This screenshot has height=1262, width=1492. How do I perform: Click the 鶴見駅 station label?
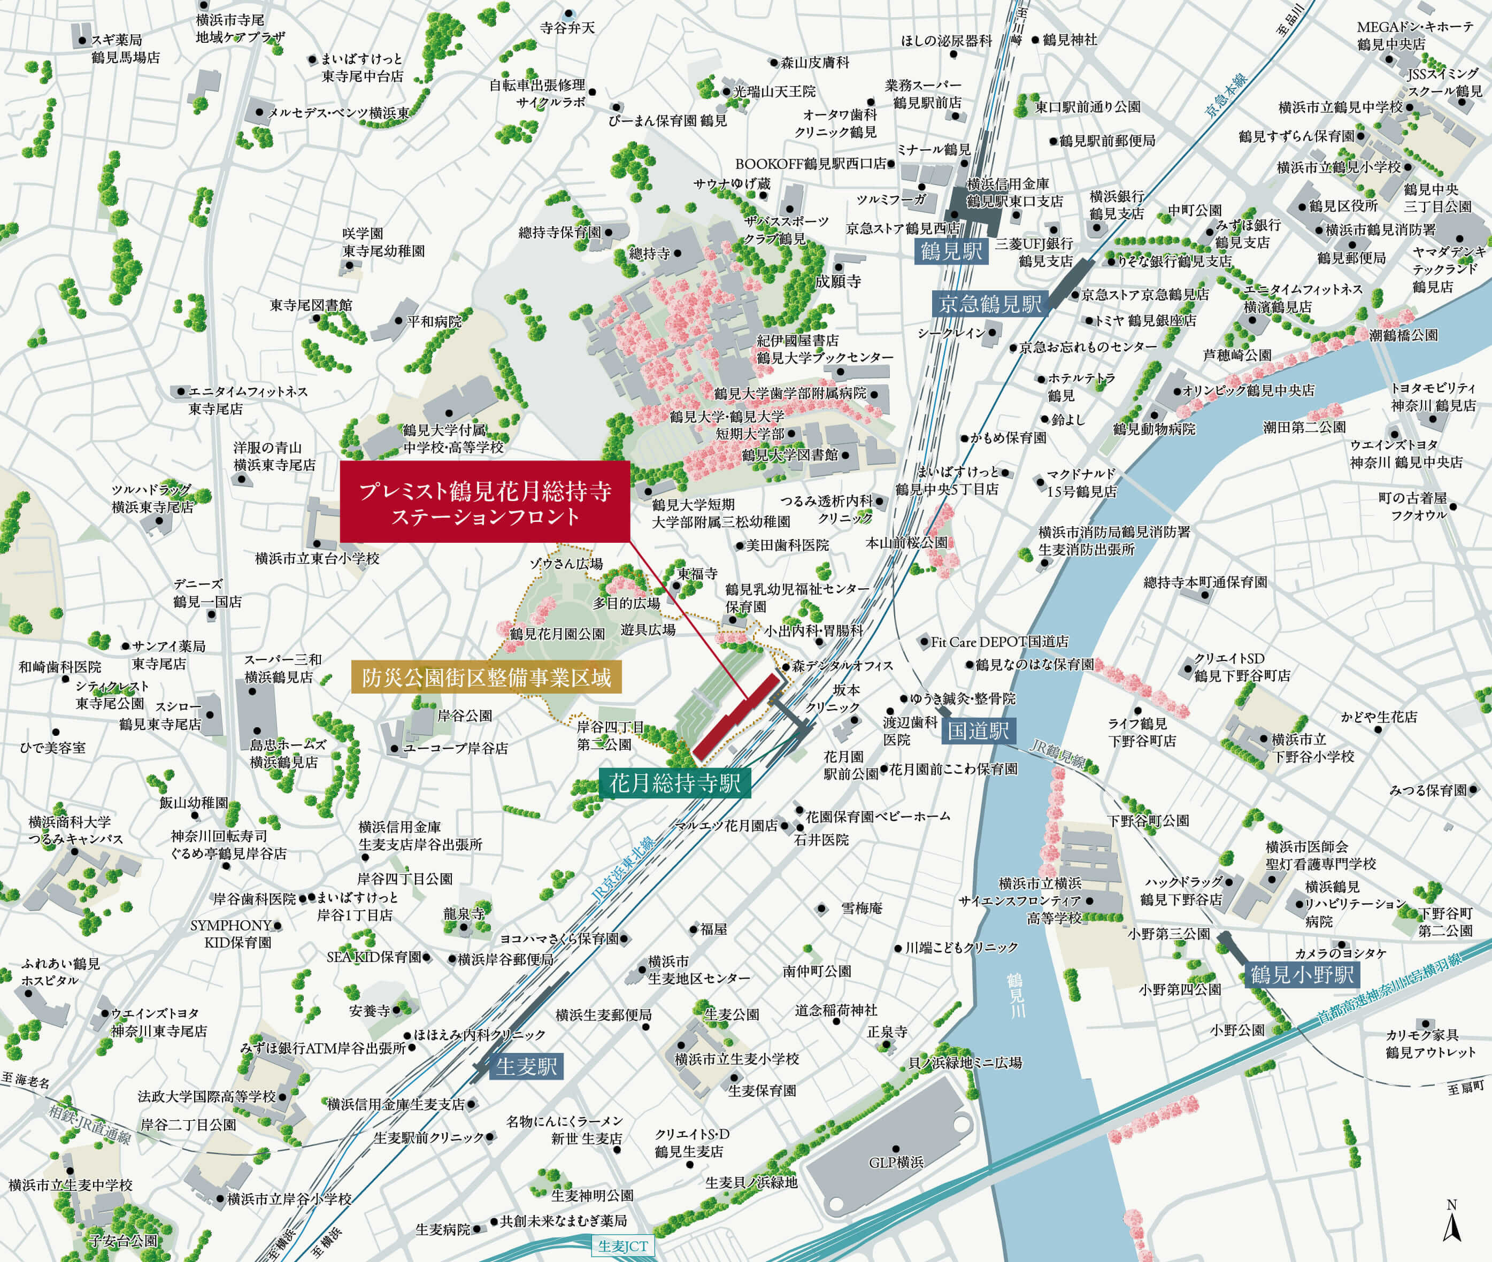pyautogui.click(x=951, y=251)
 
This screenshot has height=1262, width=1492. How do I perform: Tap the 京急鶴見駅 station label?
pyautogui.click(x=990, y=304)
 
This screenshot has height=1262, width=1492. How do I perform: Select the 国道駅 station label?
pyautogui.click(x=978, y=730)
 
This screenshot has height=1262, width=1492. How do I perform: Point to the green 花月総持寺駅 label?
pyautogui.click(x=675, y=783)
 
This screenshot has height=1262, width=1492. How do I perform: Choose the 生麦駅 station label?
pyautogui.click(x=526, y=1067)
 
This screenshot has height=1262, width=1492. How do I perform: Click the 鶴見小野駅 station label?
pyautogui.click(x=1302, y=974)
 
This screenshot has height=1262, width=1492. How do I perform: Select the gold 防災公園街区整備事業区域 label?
pyautogui.click(x=487, y=678)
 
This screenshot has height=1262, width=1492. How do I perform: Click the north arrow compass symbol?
pyautogui.click(x=1451, y=1224)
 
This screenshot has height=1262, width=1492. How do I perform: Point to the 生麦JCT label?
pyautogui.click(x=622, y=1245)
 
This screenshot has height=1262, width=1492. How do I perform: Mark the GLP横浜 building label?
pyautogui.click(x=896, y=1163)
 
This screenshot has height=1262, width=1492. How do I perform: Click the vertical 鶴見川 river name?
pyautogui.click(x=1016, y=995)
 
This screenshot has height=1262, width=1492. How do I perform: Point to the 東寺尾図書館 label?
pyautogui.click(x=311, y=305)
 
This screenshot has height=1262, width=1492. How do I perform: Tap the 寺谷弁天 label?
pyautogui.click(x=567, y=28)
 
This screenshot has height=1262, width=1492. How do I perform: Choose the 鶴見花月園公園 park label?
pyautogui.click(x=557, y=634)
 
